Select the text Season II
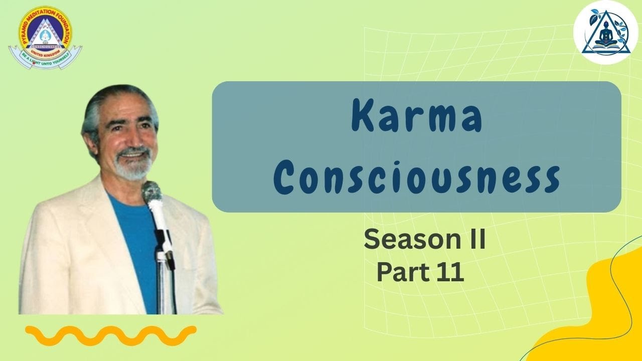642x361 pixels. pyautogui.click(x=424, y=240)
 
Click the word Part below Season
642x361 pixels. pyautogui.click(x=399, y=273)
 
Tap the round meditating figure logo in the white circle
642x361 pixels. pyautogui.click(x=605, y=33)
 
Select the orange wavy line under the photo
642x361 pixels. pyautogui.click(x=110, y=335)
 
